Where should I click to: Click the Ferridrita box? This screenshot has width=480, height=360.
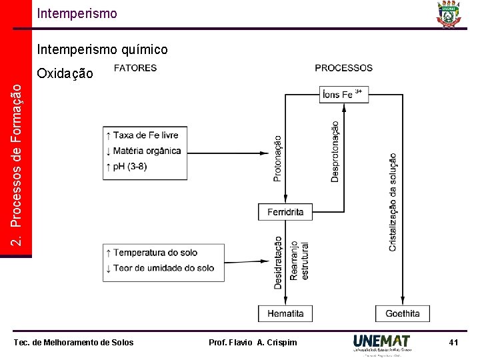[285, 212]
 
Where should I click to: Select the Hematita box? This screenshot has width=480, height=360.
[285, 313]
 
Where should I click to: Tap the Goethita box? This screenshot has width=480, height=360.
[403, 313]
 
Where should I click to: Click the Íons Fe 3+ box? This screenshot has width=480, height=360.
[343, 94]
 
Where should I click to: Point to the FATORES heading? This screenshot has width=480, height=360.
[135, 68]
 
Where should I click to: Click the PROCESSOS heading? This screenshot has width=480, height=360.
[343, 68]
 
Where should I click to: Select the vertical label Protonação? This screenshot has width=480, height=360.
[277, 159]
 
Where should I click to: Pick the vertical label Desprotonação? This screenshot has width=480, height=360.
[335, 151]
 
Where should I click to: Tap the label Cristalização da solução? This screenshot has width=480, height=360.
[393, 202]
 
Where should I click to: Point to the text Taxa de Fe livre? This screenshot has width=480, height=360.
[145, 135]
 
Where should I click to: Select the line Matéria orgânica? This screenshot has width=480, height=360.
[147, 151]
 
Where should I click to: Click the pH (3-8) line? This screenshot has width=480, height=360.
[130, 166]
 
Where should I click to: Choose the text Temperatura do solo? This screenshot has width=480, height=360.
[155, 253]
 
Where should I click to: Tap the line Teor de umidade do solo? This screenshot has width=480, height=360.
[163, 268]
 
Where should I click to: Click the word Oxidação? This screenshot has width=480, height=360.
[65, 73]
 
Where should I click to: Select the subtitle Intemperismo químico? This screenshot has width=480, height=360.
[103, 50]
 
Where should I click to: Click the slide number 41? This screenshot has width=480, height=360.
[453, 343]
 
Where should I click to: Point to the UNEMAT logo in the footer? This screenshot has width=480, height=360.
[382, 343]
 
